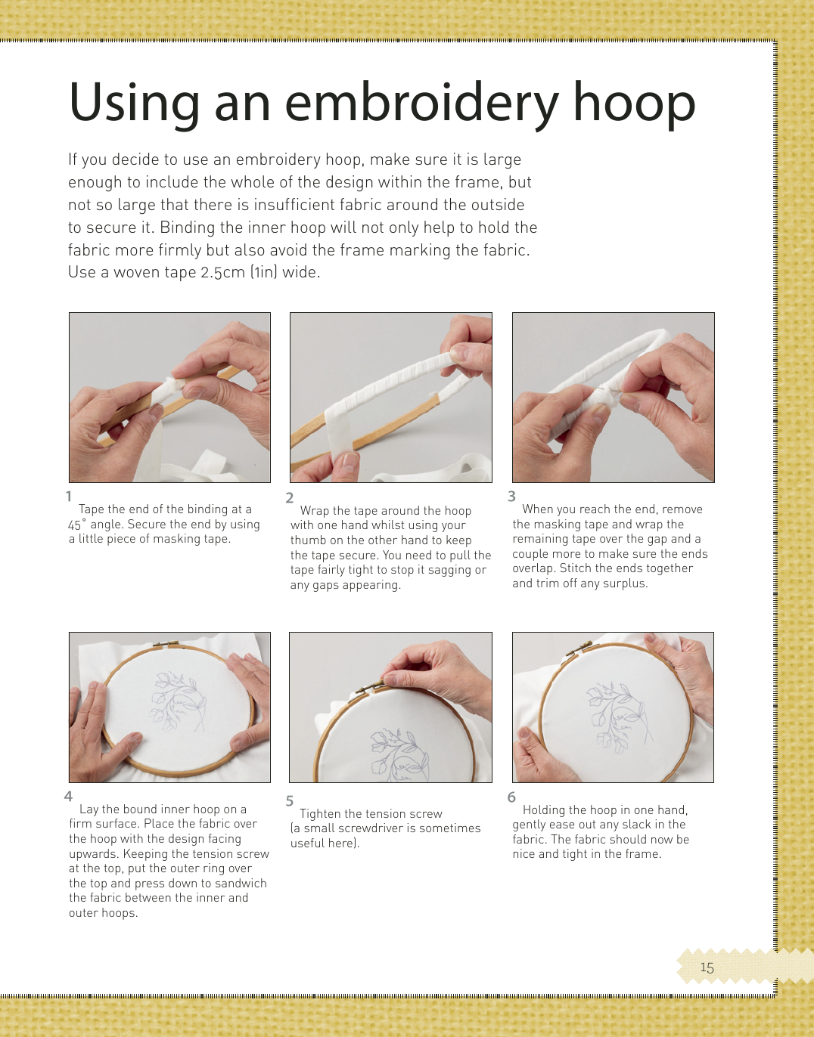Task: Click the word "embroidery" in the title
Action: point(421,104)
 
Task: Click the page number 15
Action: point(707,967)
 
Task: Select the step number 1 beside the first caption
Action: point(70,497)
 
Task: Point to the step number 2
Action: point(289,498)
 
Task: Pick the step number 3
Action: point(512,497)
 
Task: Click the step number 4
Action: point(68,796)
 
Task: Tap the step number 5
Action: point(290,800)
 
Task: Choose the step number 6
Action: point(512,797)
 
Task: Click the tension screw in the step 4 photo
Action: point(166,645)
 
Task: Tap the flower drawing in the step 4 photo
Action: point(177,703)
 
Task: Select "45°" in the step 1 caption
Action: point(77,525)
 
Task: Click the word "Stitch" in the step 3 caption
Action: point(578,568)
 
